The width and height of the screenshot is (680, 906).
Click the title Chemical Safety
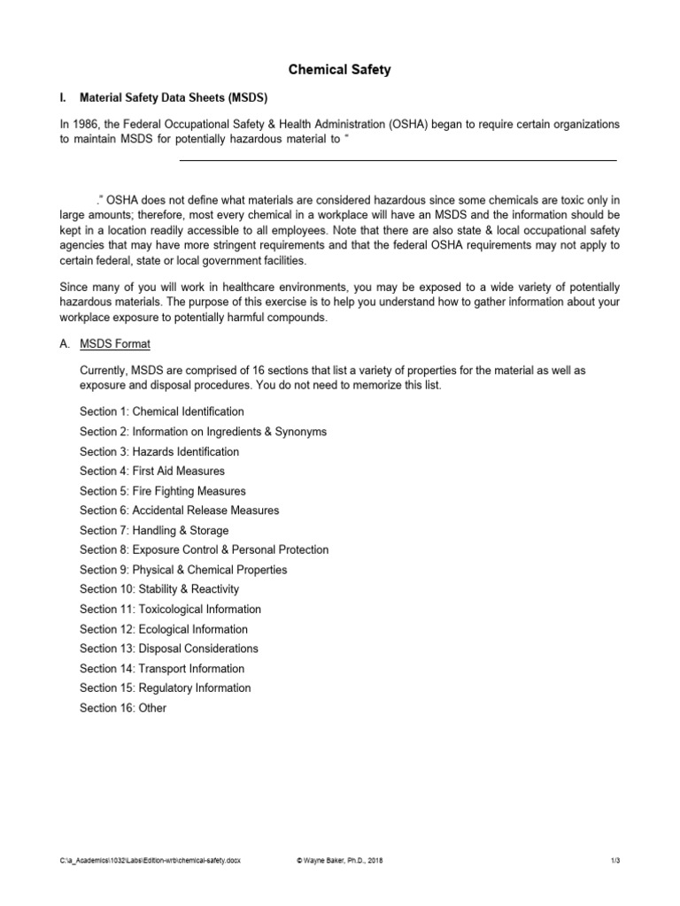pyautogui.click(x=341, y=70)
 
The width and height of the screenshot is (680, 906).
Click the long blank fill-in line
pyautogui.click(x=398, y=160)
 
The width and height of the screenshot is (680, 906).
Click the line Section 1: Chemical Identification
pyautogui.click(x=162, y=411)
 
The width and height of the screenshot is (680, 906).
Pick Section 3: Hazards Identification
pyautogui.click(x=159, y=451)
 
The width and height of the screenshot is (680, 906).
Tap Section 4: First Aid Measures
pyautogui.click(x=152, y=471)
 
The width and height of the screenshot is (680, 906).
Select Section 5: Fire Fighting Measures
pyautogui.click(x=163, y=491)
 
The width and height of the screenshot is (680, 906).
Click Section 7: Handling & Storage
pyautogui.click(x=154, y=530)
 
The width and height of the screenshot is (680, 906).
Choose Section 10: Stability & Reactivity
pyautogui.click(x=159, y=589)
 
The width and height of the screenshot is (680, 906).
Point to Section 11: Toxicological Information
pyautogui.click(x=170, y=609)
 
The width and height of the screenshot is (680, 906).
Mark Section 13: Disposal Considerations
pyautogui.click(x=169, y=649)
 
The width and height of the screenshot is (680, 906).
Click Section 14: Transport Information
pyautogui.click(x=162, y=668)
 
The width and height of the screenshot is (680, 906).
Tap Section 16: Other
pyautogui.click(x=123, y=708)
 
